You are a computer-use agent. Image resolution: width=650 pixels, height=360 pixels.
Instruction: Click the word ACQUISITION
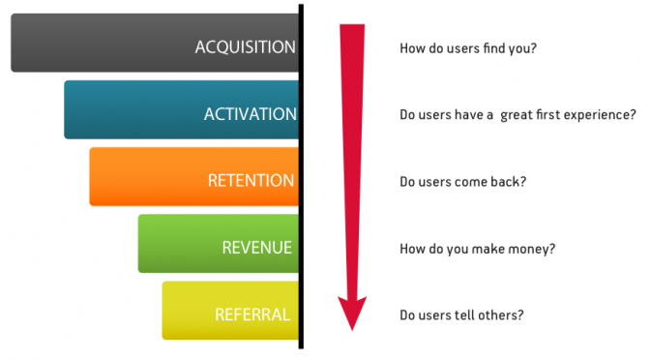coord(245,47)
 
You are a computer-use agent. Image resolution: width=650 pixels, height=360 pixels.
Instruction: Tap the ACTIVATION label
coord(250,114)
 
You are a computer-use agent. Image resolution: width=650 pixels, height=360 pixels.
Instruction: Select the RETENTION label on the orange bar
coord(251,181)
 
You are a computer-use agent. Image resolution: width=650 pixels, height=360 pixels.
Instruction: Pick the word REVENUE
coord(256,248)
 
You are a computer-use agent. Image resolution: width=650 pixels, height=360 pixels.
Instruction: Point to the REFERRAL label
coord(252,314)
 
